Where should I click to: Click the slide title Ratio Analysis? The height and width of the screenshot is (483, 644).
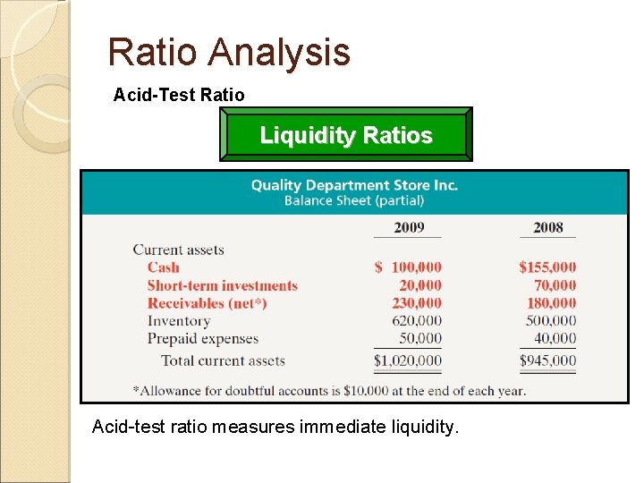click(229, 53)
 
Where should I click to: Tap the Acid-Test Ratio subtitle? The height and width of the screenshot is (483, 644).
click(179, 94)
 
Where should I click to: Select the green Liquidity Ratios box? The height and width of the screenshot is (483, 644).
click(346, 136)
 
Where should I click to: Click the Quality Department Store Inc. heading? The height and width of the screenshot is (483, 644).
click(354, 185)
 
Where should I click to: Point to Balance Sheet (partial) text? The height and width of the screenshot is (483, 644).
click(354, 201)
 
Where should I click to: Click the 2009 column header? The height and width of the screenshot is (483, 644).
click(409, 227)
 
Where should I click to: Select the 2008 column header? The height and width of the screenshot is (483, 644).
click(548, 227)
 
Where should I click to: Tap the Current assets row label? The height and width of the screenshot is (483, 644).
click(178, 250)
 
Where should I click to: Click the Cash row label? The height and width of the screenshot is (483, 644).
click(164, 267)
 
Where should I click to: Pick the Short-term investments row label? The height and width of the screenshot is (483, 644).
click(223, 285)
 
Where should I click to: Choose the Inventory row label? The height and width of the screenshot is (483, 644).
click(179, 321)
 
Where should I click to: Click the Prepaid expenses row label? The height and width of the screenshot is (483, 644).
click(203, 339)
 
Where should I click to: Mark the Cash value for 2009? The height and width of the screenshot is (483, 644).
click(409, 267)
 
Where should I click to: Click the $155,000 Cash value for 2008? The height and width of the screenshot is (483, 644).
click(547, 267)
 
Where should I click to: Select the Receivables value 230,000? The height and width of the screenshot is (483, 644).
click(417, 303)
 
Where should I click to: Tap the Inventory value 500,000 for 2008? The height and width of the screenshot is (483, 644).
click(551, 321)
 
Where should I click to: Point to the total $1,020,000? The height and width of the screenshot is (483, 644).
click(408, 361)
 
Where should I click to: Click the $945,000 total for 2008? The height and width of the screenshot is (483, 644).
click(547, 361)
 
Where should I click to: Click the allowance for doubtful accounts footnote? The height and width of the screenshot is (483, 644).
click(329, 390)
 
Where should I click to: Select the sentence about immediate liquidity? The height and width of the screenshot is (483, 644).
click(275, 428)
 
